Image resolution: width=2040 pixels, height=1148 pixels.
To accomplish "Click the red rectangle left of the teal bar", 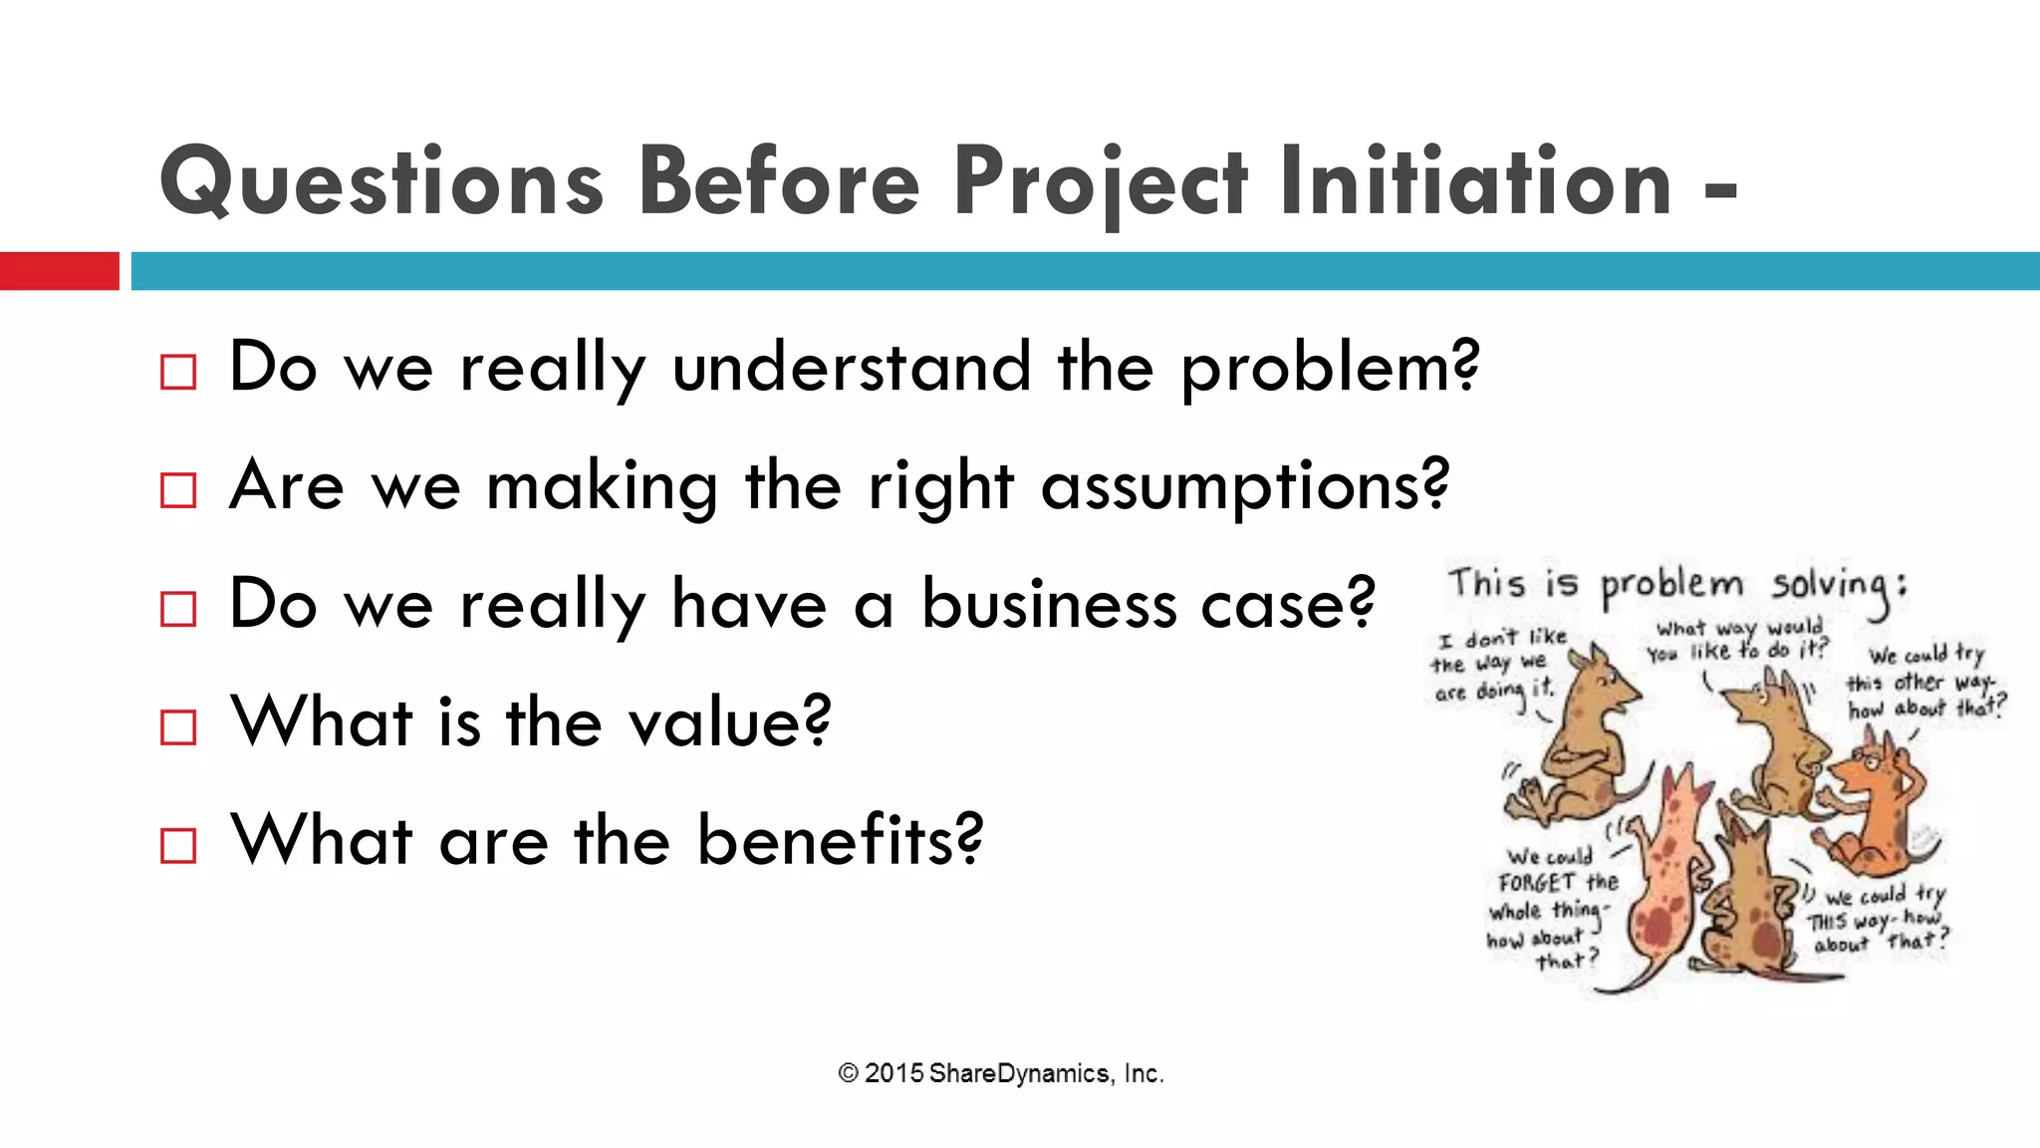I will [x=59, y=271].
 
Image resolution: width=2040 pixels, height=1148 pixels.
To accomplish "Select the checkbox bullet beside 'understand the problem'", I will [x=178, y=373].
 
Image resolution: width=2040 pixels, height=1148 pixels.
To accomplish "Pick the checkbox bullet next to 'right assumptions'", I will [x=178, y=490].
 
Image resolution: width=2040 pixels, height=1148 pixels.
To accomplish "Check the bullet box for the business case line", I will [x=178, y=609].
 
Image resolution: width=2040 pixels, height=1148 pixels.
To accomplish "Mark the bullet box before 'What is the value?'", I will [x=178, y=727].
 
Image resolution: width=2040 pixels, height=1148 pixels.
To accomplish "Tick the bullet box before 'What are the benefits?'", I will [x=178, y=845].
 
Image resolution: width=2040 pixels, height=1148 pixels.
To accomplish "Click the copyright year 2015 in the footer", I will [x=892, y=1073].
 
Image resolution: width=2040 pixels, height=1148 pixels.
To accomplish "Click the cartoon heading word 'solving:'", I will [x=1839, y=586].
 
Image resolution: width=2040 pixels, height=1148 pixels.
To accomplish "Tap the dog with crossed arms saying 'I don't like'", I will [x=1584, y=737].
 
